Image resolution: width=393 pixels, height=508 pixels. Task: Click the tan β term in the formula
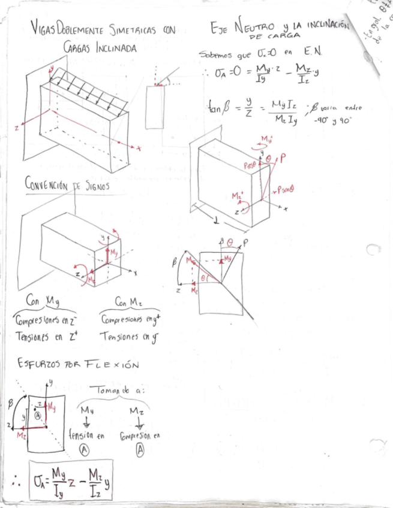(x=217, y=109)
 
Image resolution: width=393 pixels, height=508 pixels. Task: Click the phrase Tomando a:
(x=117, y=391)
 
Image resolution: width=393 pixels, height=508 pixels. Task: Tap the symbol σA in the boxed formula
(x=41, y=481)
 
